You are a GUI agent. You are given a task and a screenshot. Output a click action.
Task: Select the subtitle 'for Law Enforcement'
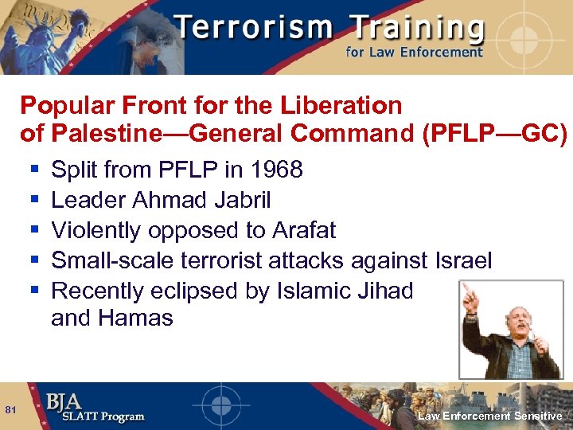(x=414, y=53)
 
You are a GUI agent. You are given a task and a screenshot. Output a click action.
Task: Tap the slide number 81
(x=11, y=409)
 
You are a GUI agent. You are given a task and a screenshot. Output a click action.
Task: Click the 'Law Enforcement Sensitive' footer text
(x=490, y=416)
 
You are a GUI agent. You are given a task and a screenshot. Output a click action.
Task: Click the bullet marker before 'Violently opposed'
(x=34, y=231)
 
